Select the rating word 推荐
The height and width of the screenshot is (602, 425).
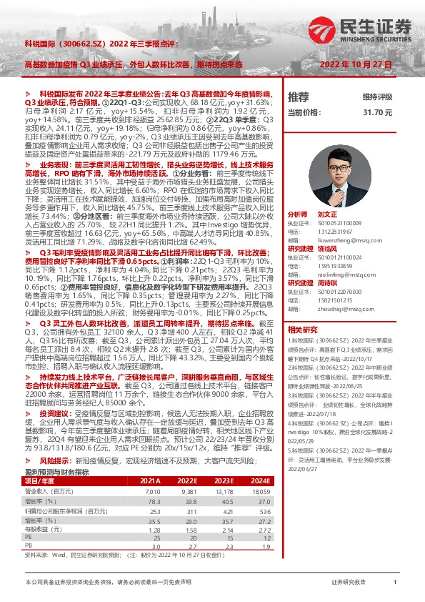click(x=298, y=97)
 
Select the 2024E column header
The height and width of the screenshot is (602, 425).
click(x=261, y=462)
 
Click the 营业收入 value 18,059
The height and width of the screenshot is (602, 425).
click(x=261, y=471)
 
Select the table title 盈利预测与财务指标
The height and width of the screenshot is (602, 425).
click(x=54, y=453)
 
